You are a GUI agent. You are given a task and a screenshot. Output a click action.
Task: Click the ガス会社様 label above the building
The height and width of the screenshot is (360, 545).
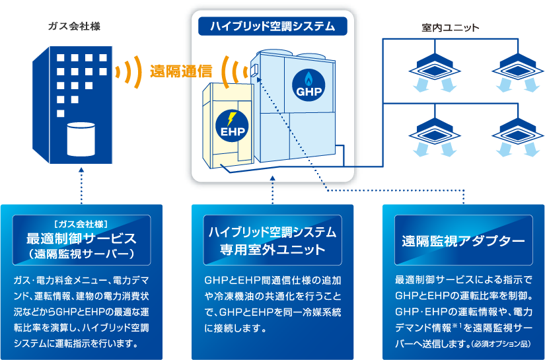[74, 26]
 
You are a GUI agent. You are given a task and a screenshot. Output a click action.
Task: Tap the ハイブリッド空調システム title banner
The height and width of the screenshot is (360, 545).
[272, 26]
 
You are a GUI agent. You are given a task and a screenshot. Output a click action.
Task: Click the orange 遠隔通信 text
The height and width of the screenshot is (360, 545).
[180, 71]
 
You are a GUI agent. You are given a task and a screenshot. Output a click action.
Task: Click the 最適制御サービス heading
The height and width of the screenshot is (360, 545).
[81, 238]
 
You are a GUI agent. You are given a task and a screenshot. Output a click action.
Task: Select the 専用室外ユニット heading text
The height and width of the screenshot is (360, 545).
[272, 250]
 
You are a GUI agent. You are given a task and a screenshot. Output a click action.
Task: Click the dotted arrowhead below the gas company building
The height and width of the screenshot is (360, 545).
[81, 170]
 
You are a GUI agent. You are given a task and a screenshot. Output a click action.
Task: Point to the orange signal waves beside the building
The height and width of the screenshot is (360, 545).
[130, 71]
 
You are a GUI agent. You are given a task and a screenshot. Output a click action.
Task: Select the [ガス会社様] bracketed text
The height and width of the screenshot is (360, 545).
[81, 223]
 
